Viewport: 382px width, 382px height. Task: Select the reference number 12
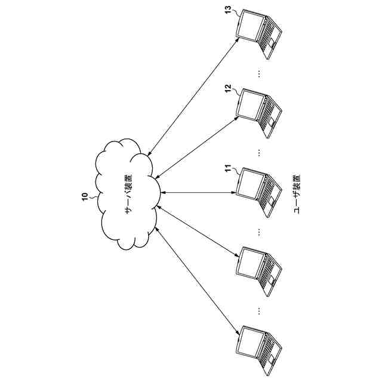click(x=228, y=88)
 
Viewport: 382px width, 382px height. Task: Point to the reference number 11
click(x=228, y=170)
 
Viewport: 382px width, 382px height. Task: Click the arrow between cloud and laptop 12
click(x=197, y=146)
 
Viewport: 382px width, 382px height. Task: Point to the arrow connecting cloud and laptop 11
click(x=197, y=192)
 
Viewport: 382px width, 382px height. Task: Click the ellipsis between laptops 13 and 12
click(x=259, y=72)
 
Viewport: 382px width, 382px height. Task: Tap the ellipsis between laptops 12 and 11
click(x=259, y=152)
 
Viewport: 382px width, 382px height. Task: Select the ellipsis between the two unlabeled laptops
click(x=259, y=310)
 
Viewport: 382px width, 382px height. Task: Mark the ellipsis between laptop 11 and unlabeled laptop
click(x=259, y=232)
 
